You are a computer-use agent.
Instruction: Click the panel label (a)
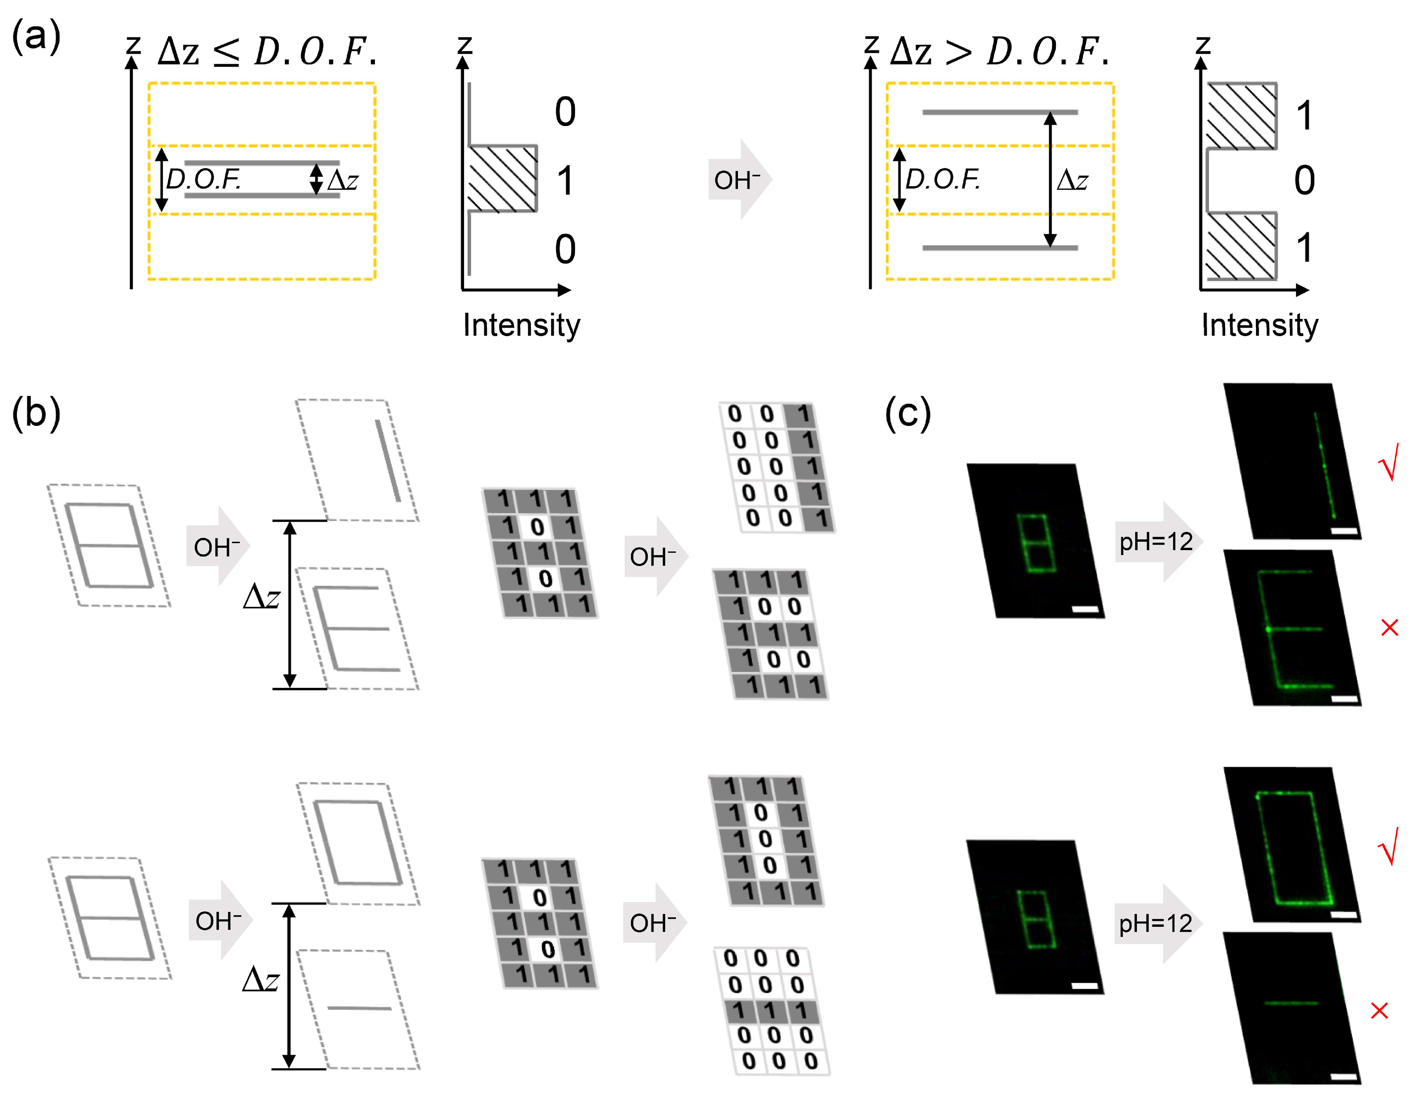point(36,36)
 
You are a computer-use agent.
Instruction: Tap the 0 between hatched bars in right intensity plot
point(1304,180)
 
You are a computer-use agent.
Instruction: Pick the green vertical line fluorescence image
point(1291,462)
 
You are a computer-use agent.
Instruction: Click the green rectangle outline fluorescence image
point(1291,846)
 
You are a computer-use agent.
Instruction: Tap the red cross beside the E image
point(1389,628)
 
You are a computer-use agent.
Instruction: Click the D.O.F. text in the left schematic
point(203,179)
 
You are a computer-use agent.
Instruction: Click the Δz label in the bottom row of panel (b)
point(261,979)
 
